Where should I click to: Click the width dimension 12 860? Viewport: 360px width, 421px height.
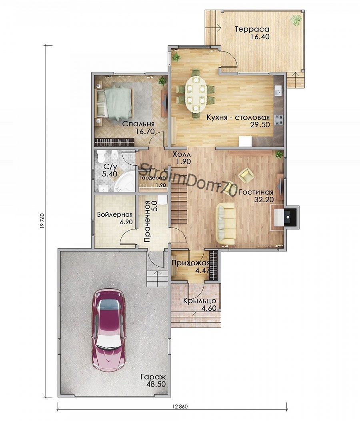179,406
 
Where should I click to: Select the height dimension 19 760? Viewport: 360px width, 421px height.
42,221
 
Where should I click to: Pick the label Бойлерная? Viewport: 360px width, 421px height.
115,215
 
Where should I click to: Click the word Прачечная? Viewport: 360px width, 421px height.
147,223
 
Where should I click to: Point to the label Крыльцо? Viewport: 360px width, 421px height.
200,301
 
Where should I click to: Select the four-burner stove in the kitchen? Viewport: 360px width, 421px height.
278,120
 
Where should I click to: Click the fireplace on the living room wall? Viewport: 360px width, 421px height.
287,216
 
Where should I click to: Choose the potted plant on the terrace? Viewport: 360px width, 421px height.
296,20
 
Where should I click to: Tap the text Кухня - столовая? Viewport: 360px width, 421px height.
238,118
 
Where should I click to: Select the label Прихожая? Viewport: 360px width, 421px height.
190,263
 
